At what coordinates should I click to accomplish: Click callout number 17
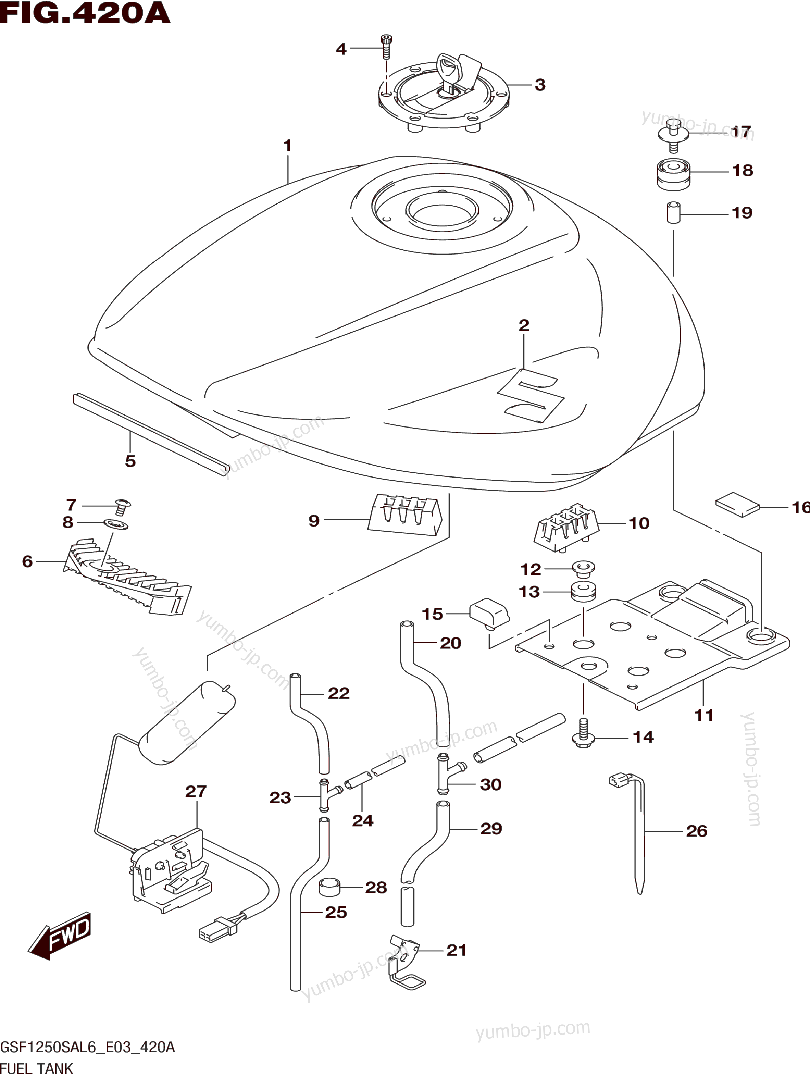[742, 132]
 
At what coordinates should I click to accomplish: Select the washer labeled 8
[116, 525]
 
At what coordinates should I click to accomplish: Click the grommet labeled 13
[583, 592]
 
